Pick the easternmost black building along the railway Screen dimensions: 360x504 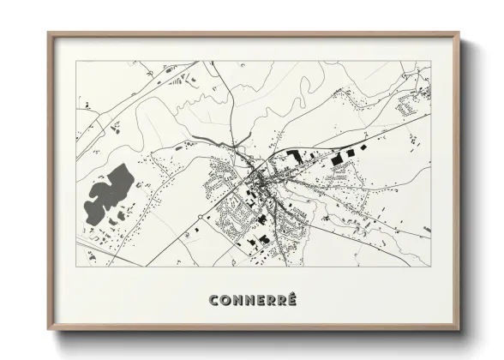350,152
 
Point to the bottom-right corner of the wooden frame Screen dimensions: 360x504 459,329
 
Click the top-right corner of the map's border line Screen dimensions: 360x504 429,62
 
